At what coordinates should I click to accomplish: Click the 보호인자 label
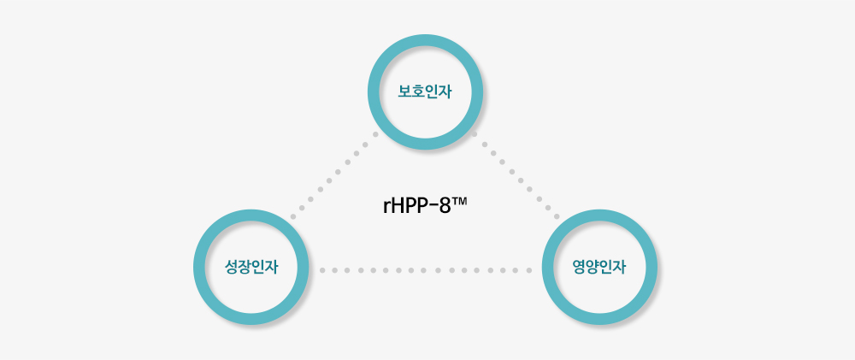pyautogui.click(x=425, y=92)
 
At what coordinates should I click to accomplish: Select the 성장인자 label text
pyautogui.click(x=251, y=268)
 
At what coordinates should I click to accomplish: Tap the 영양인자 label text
pyautogui.click(x=599, y=268)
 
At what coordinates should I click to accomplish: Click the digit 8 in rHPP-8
pyautogui.click(x=445, y=206)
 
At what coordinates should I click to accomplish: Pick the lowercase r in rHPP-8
pyautogui.click(x=387, y=208)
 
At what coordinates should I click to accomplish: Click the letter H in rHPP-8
pyautogui.click(x=398, y=206)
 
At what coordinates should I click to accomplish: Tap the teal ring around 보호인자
pyautogui.click(x=425, y=40)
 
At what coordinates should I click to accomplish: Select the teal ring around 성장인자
pyautogui.click(x=251, y=215)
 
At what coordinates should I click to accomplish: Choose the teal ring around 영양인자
pyautogui.click(x=599, y=215)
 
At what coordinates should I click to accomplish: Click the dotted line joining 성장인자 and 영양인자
pyautogui.click(x=425, y=270)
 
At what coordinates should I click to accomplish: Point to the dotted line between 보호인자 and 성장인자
pyautogui.click(x=333, y=175)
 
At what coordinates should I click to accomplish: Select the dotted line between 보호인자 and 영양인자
pyautogui.click(x=516, y=174)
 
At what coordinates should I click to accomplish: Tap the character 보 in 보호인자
pyautogui.click(x=405, y=92)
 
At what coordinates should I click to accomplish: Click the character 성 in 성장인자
pyautogui.click(x=231, y=268)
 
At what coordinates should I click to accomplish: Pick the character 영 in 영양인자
pyautogui.click(x=579, y=268)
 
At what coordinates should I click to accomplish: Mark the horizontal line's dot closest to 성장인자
pyautogui.click(x=322, y=270)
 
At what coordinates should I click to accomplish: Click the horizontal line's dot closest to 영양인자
pyautogui.click(x=528, y=270)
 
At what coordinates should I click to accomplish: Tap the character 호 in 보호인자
pyautogui.click(x=418, y=92)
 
